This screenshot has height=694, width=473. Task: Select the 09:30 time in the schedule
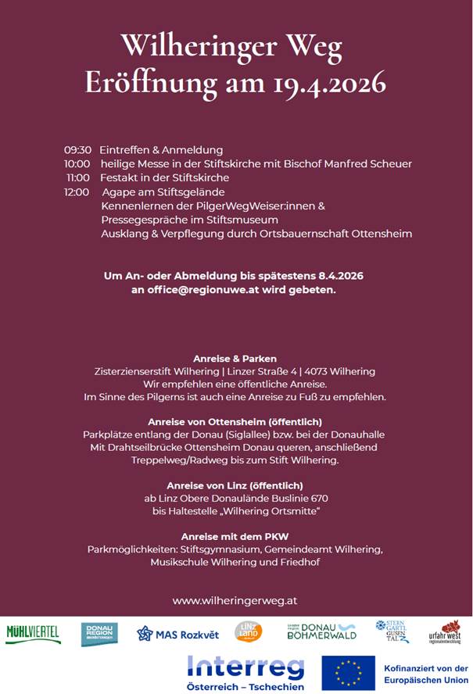coord(77,150)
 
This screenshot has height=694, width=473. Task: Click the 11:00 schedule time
coord(78,178)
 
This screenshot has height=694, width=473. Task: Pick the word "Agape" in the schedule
coord(117,192)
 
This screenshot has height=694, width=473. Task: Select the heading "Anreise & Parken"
coord(235,358)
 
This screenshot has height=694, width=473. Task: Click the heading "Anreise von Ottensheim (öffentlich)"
coord(235,422)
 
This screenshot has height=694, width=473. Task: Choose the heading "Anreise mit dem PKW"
coord(235,536)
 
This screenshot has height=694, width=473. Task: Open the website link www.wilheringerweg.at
coord(235,601)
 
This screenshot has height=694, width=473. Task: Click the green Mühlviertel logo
coord(33,632)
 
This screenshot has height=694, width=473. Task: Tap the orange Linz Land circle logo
coord(249,631)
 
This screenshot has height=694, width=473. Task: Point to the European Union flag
coord(347,673)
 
